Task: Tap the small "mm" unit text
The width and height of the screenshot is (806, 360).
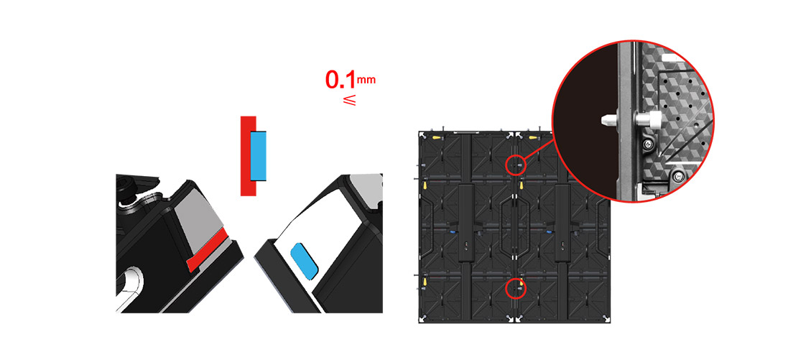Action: point(366,80)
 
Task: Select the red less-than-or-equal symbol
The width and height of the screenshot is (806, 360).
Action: point(349,100)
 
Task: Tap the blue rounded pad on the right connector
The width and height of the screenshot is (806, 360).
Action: point(305,261)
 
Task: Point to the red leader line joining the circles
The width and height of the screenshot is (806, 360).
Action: point(539,150)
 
